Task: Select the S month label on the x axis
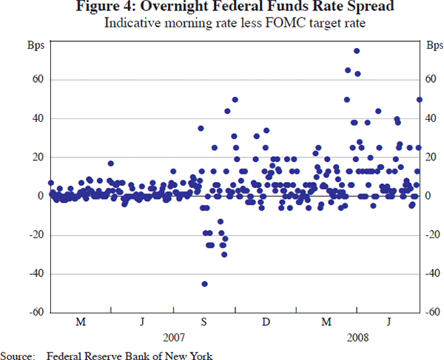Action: (204, 322)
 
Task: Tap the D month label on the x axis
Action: (266, 322)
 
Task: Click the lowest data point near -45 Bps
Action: (204, 284)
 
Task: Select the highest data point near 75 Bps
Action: (357, 51)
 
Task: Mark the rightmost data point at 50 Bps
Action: (420, 99)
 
